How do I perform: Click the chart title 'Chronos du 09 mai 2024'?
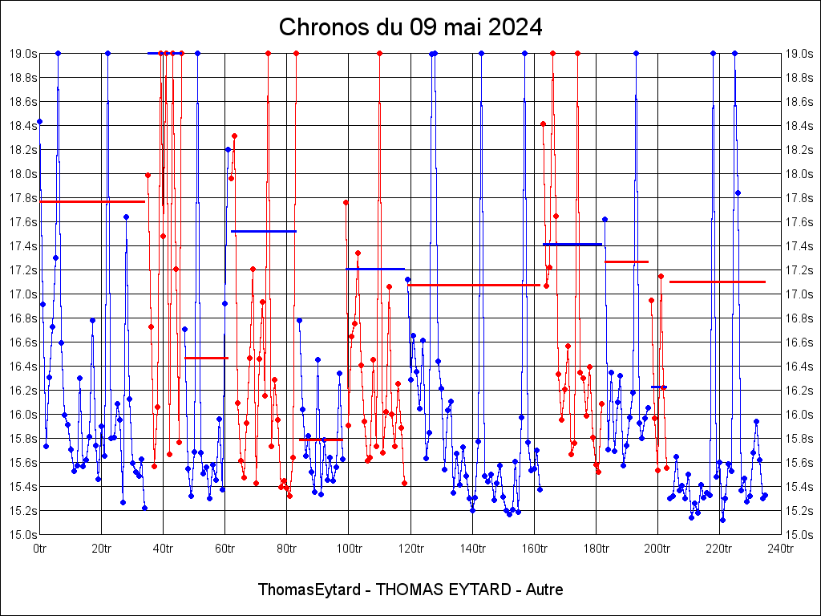410,27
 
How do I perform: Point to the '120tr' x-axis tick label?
410,549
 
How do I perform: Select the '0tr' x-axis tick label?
39,549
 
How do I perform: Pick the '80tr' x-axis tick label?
287,549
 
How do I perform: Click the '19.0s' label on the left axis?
22,53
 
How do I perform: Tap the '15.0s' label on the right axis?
799,534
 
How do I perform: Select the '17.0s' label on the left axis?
22,294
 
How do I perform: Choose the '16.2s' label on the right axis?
799,390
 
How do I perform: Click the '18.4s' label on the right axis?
799,125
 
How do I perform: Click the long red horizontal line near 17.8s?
92,201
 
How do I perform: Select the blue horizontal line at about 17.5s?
264,231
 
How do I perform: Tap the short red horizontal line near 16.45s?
206,358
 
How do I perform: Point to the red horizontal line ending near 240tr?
718,282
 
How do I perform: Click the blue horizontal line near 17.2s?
375,269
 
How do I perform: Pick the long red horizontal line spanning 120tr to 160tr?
473,285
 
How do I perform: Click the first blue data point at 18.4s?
39,121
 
